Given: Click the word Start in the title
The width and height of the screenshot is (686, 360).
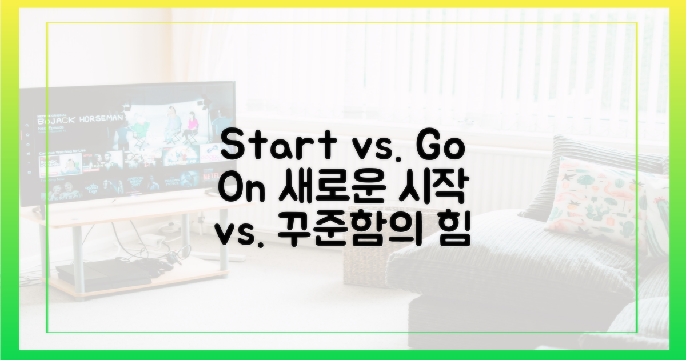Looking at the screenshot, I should point(268,147).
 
